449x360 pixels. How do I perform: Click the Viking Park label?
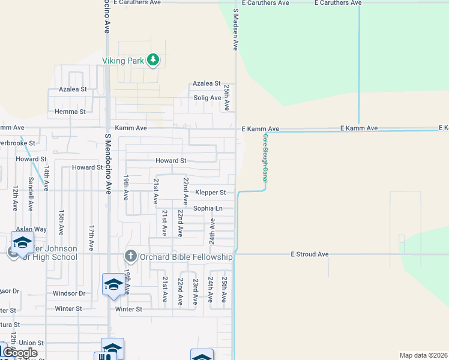coord(122,61)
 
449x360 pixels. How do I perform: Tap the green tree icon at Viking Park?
coord(154,59)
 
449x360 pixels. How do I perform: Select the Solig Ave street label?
coord(207,98)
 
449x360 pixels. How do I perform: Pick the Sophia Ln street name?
coord(208,208)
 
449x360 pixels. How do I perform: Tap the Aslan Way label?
coord(31,229)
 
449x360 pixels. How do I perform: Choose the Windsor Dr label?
coord(69,293)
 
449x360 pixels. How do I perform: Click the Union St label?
coord(31,343)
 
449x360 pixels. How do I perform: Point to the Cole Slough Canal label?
coord(264,158)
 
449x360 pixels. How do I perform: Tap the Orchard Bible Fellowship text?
coord(187,257)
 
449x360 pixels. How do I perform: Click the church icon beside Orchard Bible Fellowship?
coord(131,257)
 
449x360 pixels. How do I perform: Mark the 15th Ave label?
coord(61,222)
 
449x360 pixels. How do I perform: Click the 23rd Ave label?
coord(195,290)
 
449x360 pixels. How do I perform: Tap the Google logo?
coord(20,353)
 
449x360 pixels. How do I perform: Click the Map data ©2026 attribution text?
coord(423,355)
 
